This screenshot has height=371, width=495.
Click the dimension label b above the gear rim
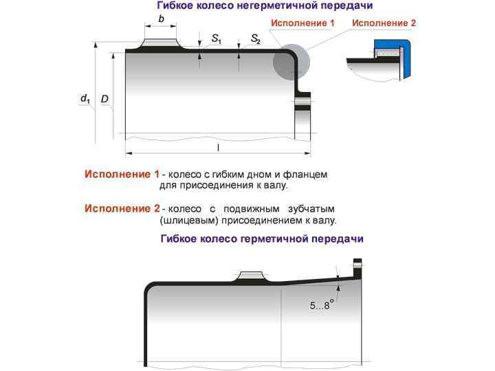point(161,19)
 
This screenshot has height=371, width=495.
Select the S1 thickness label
point(217,39)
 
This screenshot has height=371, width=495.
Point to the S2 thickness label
point(256,39)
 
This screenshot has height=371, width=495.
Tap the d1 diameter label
point(86,99)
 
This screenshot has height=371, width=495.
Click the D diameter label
point(104,99)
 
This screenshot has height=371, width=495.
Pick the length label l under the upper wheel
point(218,147)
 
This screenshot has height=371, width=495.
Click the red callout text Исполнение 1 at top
point(302,23)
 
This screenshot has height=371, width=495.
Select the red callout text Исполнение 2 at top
point(384,23)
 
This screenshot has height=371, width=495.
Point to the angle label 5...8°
point(321,305)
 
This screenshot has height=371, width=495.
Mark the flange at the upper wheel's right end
point(302,110)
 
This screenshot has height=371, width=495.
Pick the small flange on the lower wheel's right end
point(357,269)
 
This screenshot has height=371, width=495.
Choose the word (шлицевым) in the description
point(187,221)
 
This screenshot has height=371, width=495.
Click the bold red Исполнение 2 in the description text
point(122,208)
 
